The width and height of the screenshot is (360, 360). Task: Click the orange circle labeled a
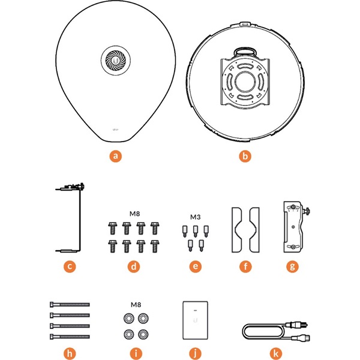116,157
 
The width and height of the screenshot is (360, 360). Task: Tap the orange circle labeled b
244,157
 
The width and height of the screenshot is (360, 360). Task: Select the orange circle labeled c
70,266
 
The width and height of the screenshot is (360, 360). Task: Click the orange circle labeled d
134,266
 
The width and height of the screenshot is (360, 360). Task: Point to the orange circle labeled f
244,266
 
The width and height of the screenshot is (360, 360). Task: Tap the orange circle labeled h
70,353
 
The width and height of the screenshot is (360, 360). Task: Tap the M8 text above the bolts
135,213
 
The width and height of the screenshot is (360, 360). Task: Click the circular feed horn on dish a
115,59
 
